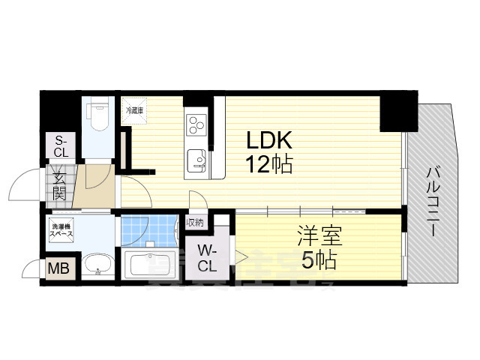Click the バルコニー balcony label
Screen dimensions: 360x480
point(433,201)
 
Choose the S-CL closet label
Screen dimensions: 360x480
point(59,145)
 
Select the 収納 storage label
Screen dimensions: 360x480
point(195,222)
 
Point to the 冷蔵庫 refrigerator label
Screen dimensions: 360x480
point(136,109)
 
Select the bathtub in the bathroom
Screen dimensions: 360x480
point(151,265)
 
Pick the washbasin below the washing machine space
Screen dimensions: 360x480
point(97,264)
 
